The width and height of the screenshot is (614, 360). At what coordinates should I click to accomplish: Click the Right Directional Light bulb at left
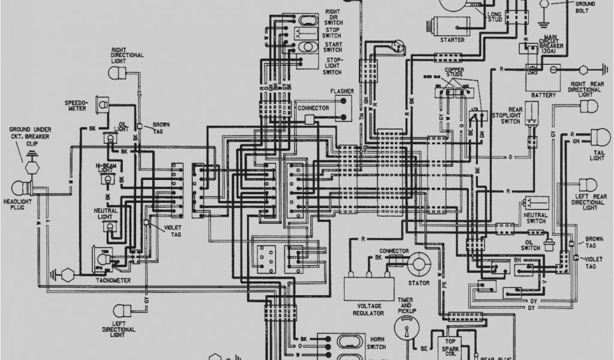coord(116,73)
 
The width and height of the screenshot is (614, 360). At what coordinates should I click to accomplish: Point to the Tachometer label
coord(110,280)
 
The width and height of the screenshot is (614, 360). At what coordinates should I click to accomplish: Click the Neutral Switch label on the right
coord(535,217)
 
